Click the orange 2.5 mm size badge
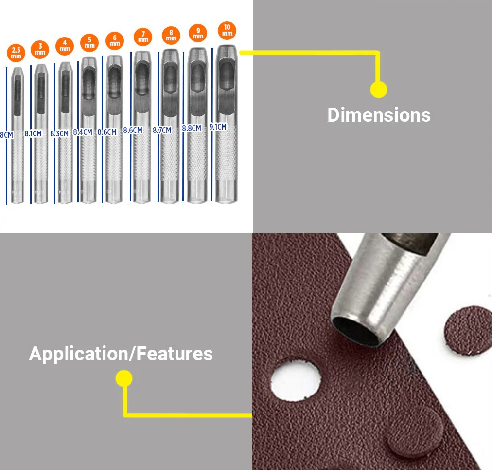[x=16, y=53]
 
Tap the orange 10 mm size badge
[x=227, y=31]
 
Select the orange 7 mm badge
[x=143, y=37]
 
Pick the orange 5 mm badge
[x=89, y=42]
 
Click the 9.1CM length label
[x=218, y=127]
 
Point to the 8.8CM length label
[x=192, y=128]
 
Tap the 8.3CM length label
[x=59, y=133]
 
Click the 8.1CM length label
[x=33, y=133]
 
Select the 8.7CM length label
[x=162, y=130]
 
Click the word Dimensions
[x=379, y=115]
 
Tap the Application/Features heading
[x=121, y=354]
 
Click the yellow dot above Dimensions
[x=378, y=90]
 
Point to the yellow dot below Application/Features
[x=124, y=378]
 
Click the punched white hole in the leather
[x=296, y=380]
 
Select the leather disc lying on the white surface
[x=468, y=330]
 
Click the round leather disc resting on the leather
[x=414, y=433]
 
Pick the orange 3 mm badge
[x=40, y=49]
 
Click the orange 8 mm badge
[x=171, y=35]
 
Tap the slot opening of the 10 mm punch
[x=227, y=75]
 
